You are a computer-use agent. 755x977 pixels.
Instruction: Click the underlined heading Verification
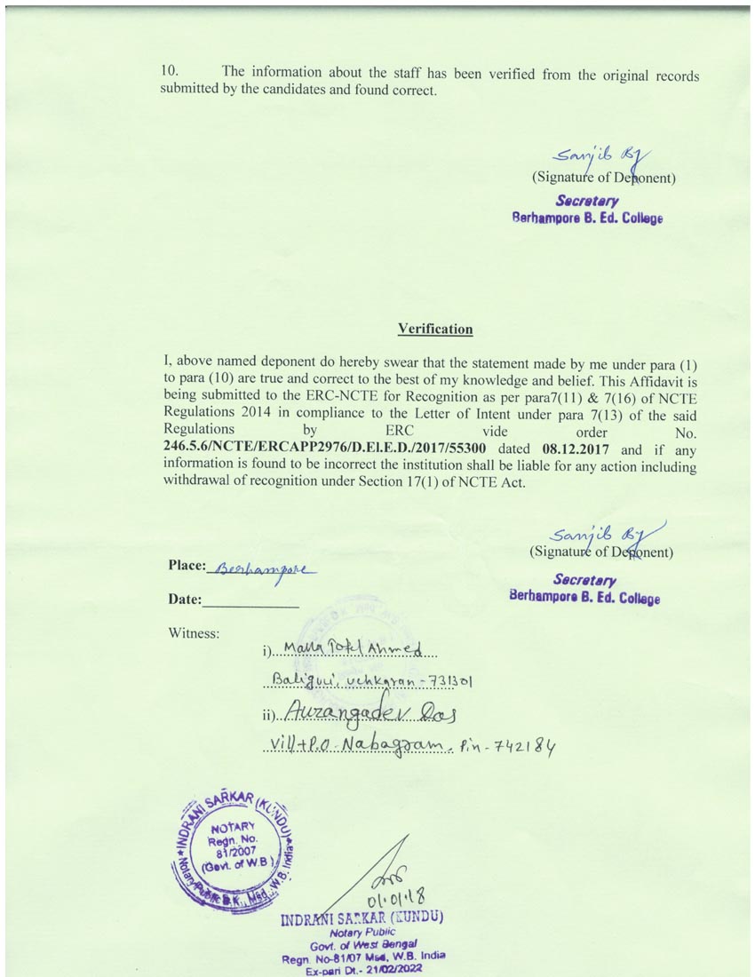[435, 330]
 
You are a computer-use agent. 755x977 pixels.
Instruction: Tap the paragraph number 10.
[170, 72]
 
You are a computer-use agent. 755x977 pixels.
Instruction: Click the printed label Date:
[185, 600]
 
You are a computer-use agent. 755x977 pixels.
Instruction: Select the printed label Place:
[187, 566]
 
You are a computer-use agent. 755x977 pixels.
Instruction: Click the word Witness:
[194, 633]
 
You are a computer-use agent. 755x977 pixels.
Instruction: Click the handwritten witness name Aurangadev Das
[373, 712]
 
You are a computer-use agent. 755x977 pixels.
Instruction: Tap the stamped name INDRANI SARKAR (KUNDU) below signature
[362, 917]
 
